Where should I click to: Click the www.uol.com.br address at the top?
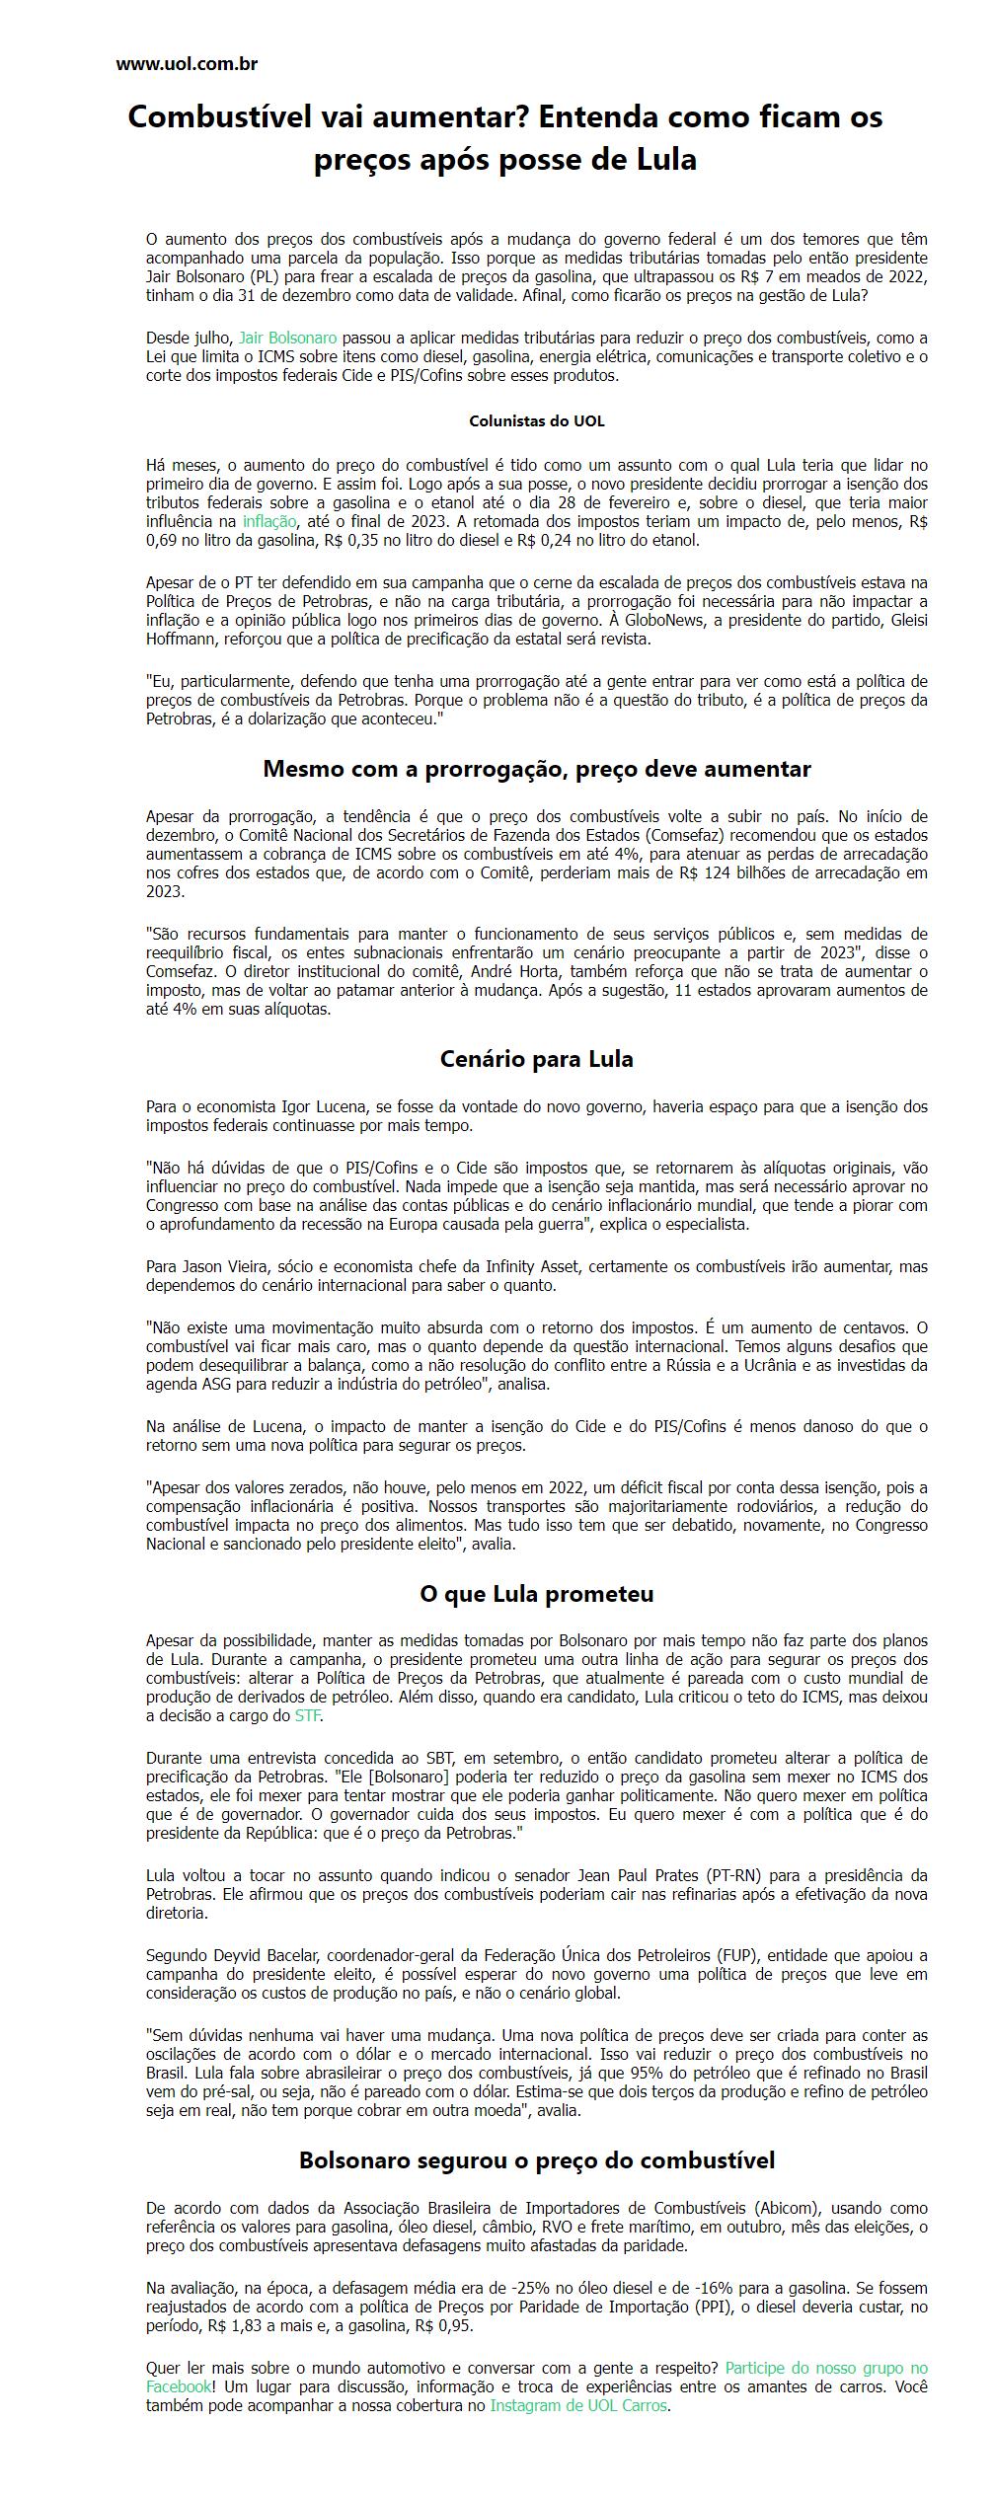[187, 64]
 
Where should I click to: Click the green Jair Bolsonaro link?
[287, 338]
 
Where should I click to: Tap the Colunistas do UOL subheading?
[536, 420]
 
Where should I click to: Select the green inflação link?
[268, 521]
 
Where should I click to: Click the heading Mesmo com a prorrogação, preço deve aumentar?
[536, 769]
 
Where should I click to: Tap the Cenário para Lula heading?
[536, 1059]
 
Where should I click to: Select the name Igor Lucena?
[322, 1106]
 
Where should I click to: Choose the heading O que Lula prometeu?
[536, 1594]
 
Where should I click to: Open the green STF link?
[307, 1715]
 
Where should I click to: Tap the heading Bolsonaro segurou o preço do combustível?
[536, 2160]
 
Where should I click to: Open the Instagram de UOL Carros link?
[579, 2405]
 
